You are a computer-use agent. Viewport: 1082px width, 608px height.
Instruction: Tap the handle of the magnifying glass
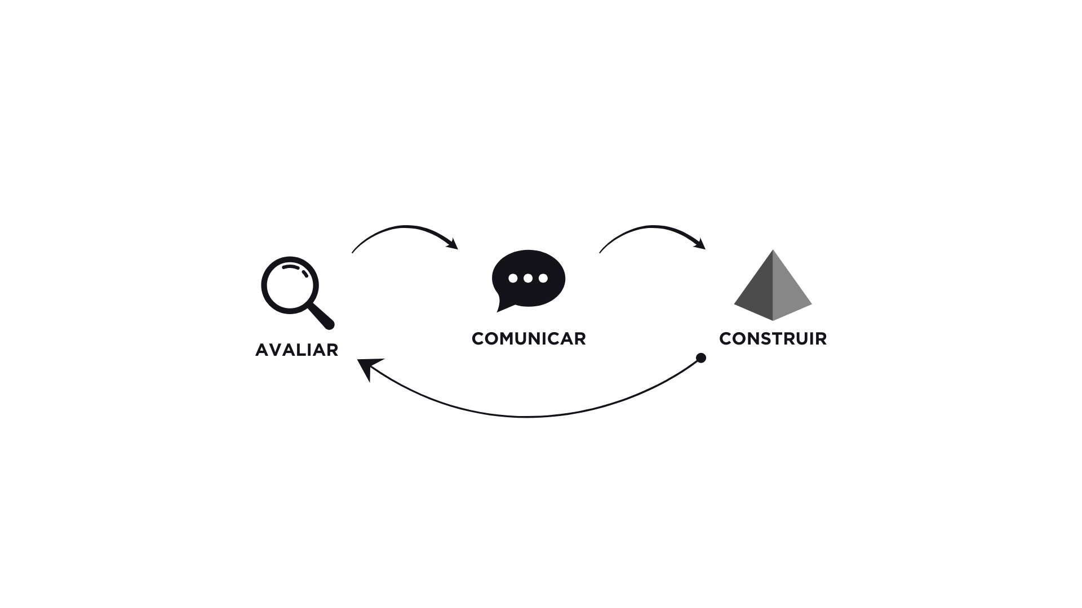(321, 316)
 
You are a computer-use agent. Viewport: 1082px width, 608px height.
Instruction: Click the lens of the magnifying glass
(290, 285)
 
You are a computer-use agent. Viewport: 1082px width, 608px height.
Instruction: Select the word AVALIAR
(296, 350)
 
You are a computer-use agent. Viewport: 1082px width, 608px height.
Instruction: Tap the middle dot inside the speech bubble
(528, 278)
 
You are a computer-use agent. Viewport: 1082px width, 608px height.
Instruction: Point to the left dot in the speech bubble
(513, 278)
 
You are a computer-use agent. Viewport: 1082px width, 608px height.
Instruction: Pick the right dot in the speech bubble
(543, 278)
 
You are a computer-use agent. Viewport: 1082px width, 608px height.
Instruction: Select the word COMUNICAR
(529, 339)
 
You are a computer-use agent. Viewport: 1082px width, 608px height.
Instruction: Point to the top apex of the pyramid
(773, 252)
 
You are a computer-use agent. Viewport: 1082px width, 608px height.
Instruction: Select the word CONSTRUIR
(773, 339)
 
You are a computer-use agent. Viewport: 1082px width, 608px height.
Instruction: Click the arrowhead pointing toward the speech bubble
(453, 244)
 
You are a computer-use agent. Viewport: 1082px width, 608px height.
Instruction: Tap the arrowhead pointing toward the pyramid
(700, 244)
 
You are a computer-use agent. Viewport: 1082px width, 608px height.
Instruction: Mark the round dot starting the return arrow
(701, 358)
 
